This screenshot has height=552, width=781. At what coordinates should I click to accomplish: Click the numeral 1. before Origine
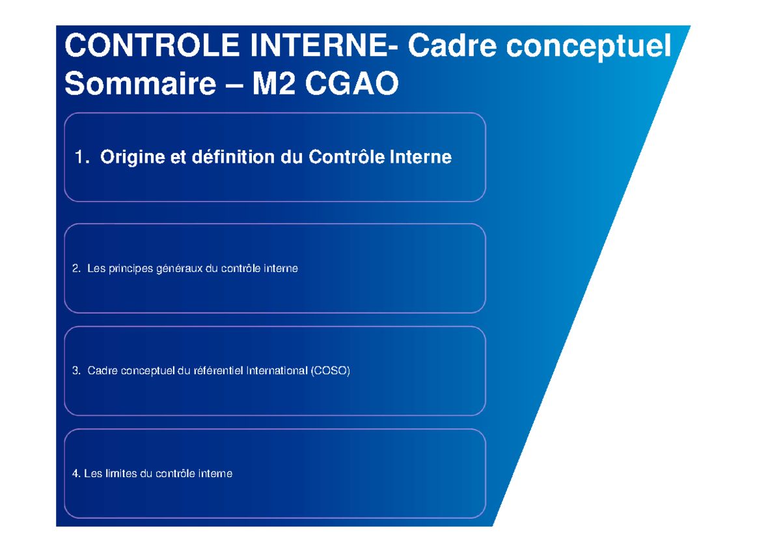[x=81, y=158]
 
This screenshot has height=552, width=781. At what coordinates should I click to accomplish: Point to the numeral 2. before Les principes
[x=76, y=269]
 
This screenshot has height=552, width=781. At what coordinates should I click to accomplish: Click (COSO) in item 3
[x=330, y=372]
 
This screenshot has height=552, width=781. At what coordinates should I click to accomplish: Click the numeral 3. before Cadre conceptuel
[x=76, y=372]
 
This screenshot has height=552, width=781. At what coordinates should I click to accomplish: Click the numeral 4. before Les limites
[x=76, y=475]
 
